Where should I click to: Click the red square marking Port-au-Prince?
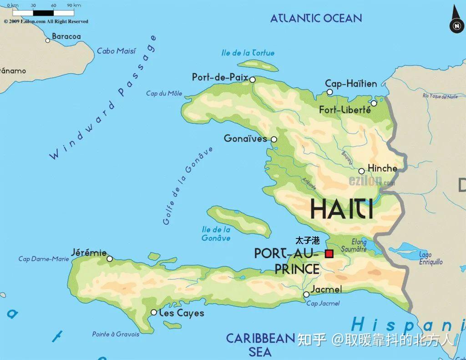point(329,254)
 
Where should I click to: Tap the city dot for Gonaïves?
point(274,140)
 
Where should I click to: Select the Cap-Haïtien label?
point(351,84)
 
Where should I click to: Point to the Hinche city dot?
point(361,172)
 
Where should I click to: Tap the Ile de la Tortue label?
point(248,53)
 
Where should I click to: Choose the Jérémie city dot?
point(110,259)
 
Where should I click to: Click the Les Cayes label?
point(181,313)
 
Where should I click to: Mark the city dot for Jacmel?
point(306,294)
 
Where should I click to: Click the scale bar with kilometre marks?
point(43,13)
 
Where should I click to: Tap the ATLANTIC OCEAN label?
point(316,18)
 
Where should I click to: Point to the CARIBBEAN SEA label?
point(261,345)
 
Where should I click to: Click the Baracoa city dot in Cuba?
point(48,41)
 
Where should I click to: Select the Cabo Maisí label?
point(116,51)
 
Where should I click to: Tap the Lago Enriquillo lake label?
point(431,259)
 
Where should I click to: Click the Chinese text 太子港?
point(307,240)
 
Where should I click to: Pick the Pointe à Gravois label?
point(116,334)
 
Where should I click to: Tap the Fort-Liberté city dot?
point(374,103)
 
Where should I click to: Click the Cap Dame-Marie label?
point(44,259)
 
